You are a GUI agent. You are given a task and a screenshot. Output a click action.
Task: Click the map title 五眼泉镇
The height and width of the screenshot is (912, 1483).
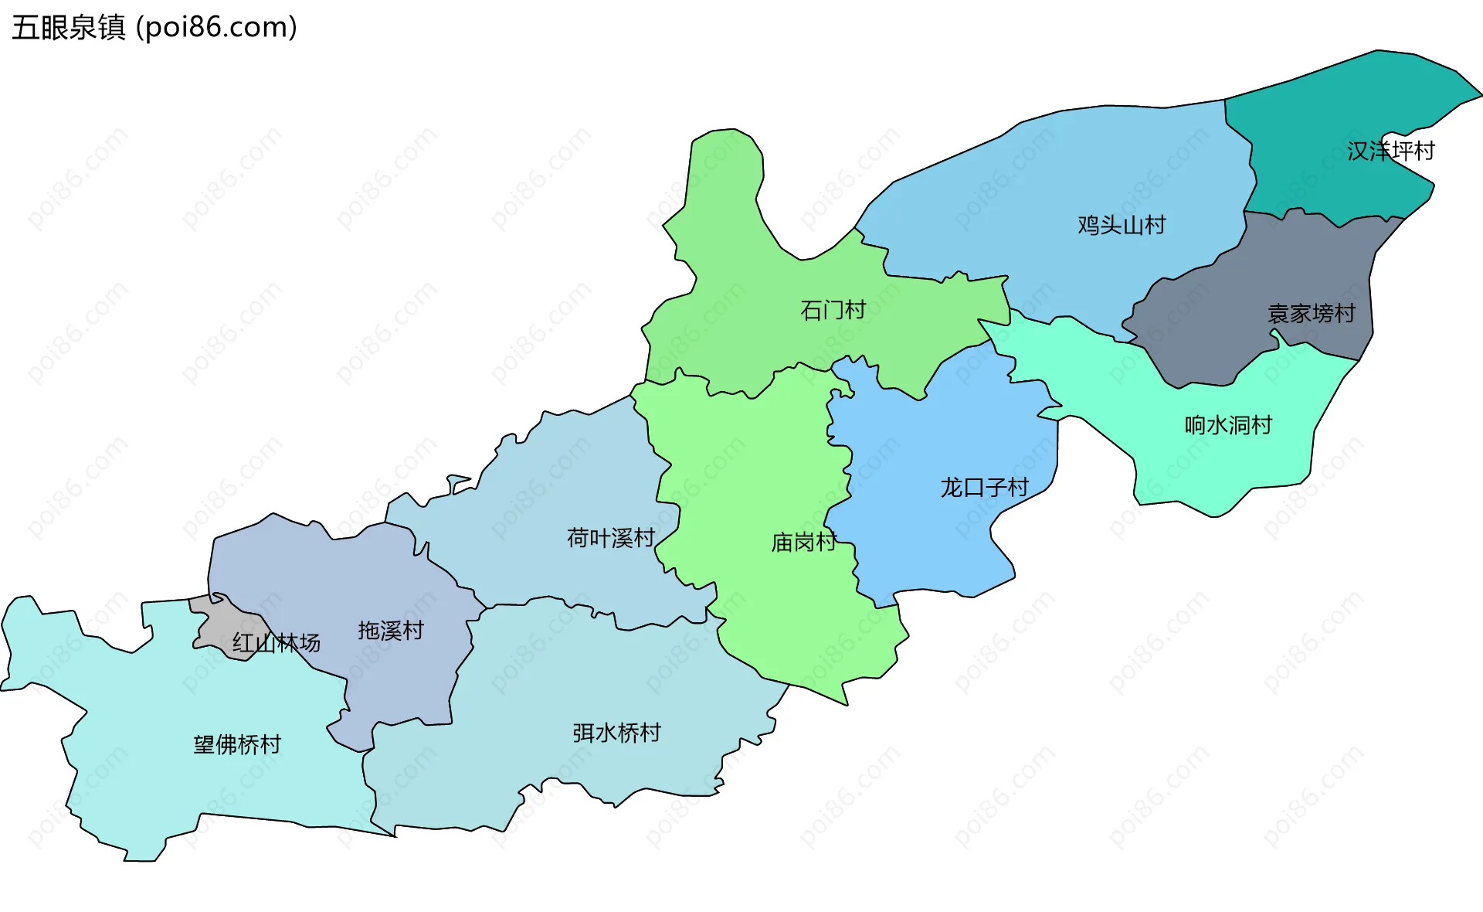pos(68,28)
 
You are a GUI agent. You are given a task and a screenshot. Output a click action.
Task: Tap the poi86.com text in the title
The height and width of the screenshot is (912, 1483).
pos(216,28)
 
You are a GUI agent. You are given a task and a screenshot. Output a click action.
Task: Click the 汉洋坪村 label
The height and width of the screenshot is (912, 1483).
pos(1390,151)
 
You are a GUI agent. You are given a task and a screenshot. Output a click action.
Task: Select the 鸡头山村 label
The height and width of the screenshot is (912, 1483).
pos(1122,225)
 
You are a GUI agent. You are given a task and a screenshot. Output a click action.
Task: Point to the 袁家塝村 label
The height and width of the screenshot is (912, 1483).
pos(1312,314)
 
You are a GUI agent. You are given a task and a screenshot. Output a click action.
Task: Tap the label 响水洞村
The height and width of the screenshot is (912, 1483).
pos(1228,425)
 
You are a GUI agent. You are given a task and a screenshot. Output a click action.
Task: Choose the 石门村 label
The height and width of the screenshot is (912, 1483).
pos(833,311)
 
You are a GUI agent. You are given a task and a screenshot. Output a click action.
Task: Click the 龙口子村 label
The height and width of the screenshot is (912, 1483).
pos(984,488)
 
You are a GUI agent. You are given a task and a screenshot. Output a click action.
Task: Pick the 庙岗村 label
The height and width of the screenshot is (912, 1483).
pos(803,543)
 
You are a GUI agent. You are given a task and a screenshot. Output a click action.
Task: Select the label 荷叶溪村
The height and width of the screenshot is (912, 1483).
pos(611,538)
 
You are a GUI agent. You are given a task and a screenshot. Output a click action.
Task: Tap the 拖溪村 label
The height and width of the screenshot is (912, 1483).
pos(391,631)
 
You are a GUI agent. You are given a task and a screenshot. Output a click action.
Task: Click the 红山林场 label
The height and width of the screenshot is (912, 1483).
pos(277,643)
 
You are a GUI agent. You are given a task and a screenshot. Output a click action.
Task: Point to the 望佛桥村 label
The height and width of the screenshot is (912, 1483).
pos(237,745)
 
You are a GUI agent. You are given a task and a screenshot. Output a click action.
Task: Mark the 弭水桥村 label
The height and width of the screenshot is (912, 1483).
pos(616,733)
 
